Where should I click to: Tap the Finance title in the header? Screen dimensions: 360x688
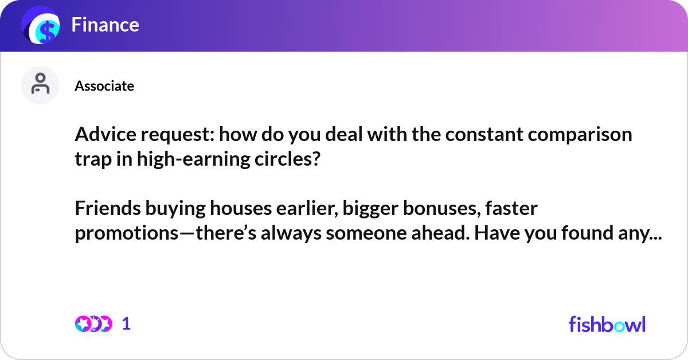pyautogui.click(x=105, y=25)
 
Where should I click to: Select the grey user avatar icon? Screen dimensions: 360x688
pyautogui.click(x=40, y=85)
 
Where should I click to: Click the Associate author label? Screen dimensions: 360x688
pyautogui.click(x=104, y=86)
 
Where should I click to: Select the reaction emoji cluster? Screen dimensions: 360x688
pyautogui.click(x=93, y=324)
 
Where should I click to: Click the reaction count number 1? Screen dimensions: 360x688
pyautogui.click(x=127, y=324)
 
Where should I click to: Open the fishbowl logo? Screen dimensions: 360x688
pyautogui.click(x=607, y=324)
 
